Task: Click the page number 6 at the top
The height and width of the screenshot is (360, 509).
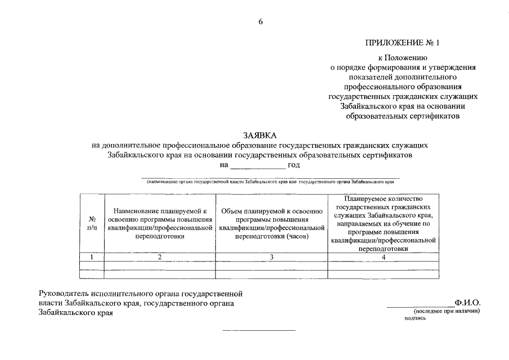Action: pyautogui.click(x=260, y=22)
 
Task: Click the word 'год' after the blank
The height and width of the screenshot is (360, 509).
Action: pyautogui.click(x=294, y=165)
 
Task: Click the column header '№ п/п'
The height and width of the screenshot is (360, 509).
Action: pyautogui.click(x=92, y=223)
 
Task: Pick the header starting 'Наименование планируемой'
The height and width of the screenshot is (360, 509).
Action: pyautogui.click(x=160, y=223)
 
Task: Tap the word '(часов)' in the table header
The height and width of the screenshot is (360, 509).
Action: pyautogui.click(x=301, y=237)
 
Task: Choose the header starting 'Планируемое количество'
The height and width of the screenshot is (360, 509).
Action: pyautogui.click(x=384, y=223)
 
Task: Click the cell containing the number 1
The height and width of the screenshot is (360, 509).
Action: pyautogui.click(x=92, y=257)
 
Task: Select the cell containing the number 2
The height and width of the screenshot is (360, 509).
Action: pyautogui.click(x=160, y=257)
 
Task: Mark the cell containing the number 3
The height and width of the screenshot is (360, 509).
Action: pyautogui.click(x=271, y=257)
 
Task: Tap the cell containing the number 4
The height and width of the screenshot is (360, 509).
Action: pyautogui.click(x=384, y=257)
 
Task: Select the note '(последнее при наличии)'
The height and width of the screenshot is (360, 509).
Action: pyautogui.click(x=447, y=311)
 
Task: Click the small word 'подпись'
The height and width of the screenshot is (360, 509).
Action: pyautogui.click(x=415, y=318)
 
